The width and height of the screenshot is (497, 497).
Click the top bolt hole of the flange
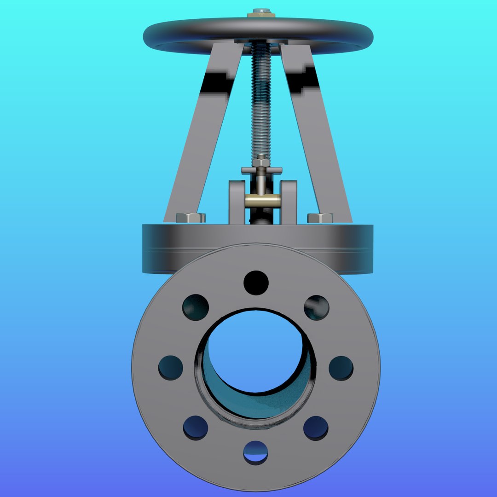click(256, 283)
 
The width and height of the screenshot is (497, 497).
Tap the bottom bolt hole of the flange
click(256, 452)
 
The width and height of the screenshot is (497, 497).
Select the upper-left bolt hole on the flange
click(196, 307)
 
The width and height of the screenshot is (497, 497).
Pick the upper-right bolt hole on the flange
click(316, 307)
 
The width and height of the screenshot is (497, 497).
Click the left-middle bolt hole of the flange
click(171, 368)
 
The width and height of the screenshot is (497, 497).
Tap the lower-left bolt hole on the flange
click(196, 428)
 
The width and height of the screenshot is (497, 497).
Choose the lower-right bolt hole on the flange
click(316, 428)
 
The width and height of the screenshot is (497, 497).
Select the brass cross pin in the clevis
click(262, 201)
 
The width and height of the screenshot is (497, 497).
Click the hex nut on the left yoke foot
click(191, 218)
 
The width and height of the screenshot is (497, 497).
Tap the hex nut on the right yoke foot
click(320, 218)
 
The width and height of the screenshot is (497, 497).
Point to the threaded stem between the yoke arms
click(261, 101)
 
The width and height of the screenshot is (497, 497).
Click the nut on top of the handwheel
click(261, 13)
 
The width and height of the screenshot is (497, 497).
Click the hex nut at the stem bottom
click(261, 163)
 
